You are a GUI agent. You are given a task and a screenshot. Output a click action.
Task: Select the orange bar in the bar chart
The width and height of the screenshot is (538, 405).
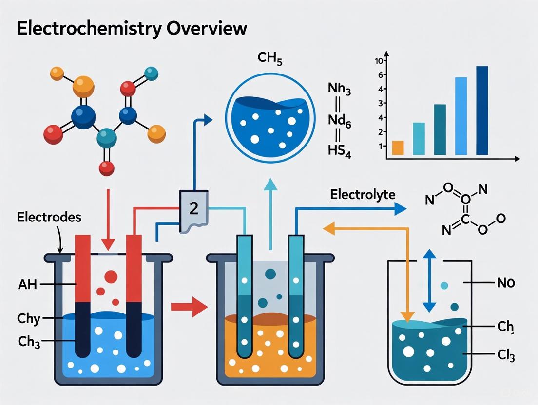(x=398, y=147)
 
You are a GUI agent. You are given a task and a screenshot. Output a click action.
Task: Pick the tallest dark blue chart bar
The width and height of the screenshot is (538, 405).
(x=481, y=110)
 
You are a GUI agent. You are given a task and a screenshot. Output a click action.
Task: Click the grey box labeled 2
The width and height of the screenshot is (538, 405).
(x=194, y=208)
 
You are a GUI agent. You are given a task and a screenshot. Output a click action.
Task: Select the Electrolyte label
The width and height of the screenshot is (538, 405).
(x=363, y=195)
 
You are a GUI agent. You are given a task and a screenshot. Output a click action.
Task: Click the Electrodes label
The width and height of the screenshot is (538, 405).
(x=49, y=217)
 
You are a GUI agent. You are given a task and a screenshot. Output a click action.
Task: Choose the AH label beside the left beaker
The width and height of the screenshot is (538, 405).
(x=27, y=285)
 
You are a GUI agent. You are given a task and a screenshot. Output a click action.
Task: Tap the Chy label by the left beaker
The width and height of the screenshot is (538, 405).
(x=29, y=319)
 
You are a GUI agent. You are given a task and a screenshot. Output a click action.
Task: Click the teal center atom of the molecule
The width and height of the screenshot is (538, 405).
(x=107, y=138)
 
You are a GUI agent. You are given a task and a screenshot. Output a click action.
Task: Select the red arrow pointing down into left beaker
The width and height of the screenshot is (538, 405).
(x=108, y=219)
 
